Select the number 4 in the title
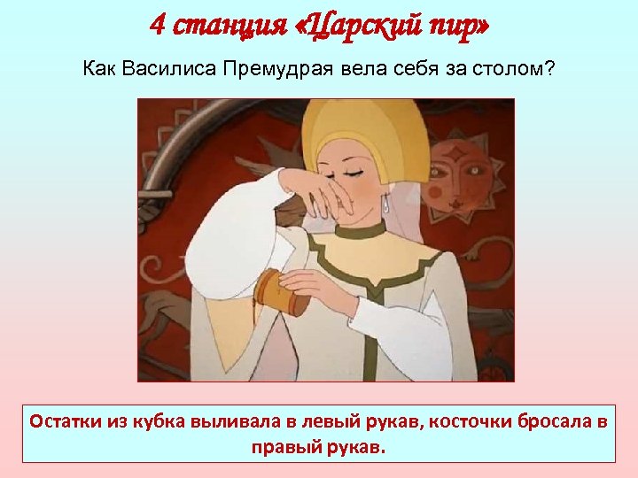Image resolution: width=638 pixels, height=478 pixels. click(x=157, y=25)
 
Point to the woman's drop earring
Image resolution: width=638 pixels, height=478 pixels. click(x=386, y=203)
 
